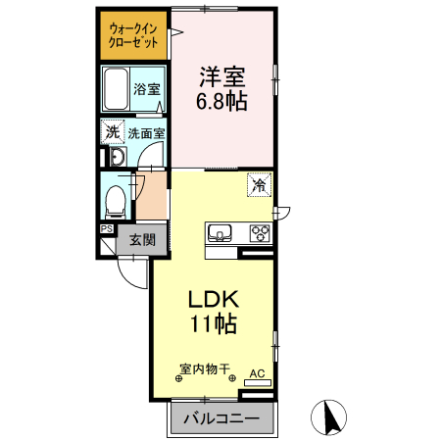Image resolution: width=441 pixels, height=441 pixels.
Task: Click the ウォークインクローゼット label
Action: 134,34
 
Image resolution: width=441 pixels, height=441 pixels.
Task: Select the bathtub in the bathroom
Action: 117,92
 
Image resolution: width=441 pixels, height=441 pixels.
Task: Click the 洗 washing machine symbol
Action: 113,132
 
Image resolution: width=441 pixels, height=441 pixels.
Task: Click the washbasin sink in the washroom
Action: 115,158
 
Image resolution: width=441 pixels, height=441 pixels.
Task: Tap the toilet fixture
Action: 116,201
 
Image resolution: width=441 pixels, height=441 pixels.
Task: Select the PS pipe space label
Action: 106,229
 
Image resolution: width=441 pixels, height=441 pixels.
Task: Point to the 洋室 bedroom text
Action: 222,75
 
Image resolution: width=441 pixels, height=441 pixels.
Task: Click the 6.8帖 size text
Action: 222,100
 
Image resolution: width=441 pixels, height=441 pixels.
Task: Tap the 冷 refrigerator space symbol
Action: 260,184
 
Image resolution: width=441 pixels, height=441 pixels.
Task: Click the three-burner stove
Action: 260,233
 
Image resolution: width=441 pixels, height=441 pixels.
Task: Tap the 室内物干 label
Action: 204,369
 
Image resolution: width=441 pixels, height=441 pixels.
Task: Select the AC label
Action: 257,373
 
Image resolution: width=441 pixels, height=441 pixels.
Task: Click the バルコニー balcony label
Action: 223,418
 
